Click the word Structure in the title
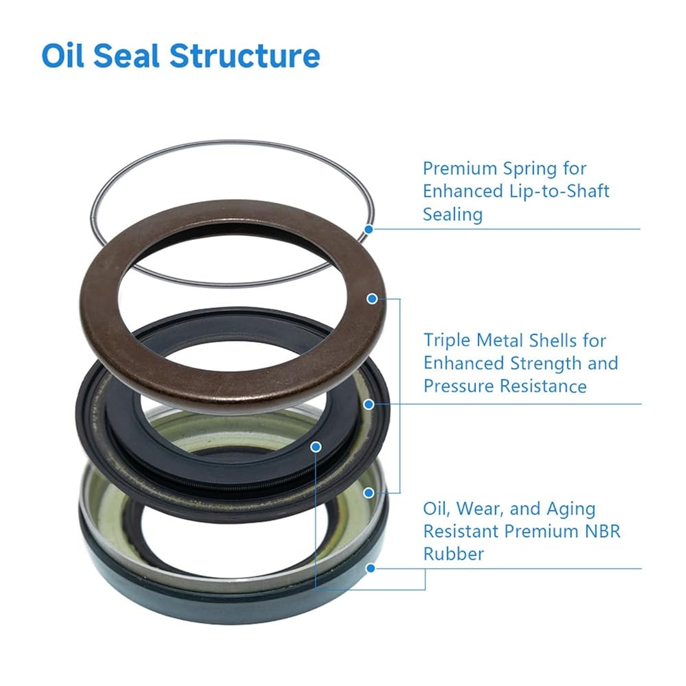click(x=244, y=56)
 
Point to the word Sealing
click(x=453, y=214)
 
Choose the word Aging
click(x=571, y=509)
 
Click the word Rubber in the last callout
click(x=453, y=554)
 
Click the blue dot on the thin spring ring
click(x=369, y=229)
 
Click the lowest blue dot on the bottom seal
click(x=370, y=568)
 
